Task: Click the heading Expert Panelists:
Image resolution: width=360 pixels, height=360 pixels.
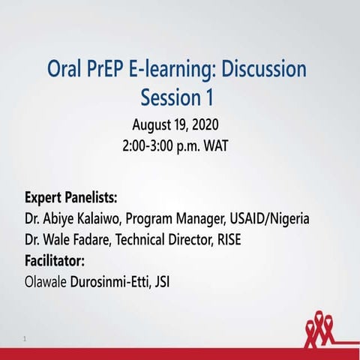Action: (x=71, y=198)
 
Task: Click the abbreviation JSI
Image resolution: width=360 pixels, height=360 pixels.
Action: (x=173, y=282)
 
